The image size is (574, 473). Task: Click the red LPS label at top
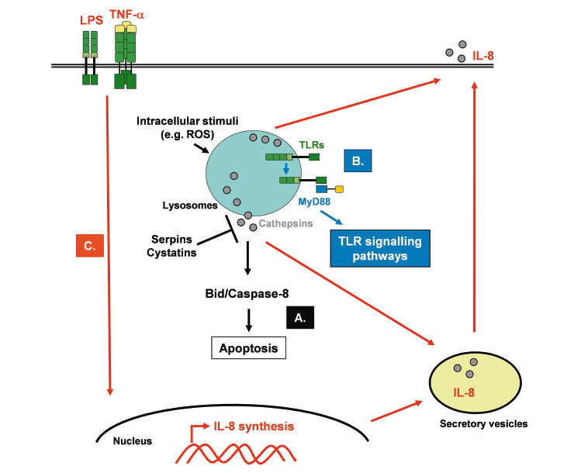[88, 16]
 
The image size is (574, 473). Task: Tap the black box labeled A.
[298, 316]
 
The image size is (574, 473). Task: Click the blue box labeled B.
[359, 161]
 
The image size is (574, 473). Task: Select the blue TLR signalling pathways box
[379, 248]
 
